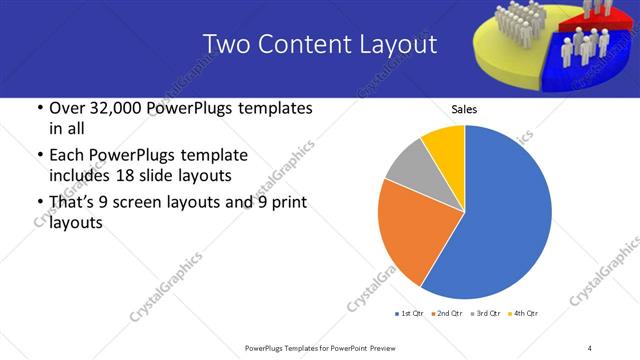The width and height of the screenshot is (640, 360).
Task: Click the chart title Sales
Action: (x=464, y=109)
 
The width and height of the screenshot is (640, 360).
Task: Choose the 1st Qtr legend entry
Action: (x=411, y=314)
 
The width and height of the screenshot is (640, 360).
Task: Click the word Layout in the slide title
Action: (x=400, y=44)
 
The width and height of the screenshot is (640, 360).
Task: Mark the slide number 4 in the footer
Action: (x=590, y=347)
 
